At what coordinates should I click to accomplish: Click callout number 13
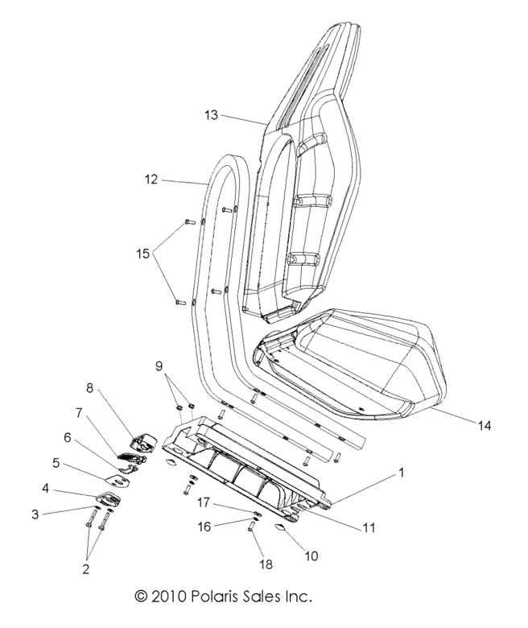pyautogui.click(x=210, y=116)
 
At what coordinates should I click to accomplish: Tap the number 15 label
pyautogui.click(x=143, y=253)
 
